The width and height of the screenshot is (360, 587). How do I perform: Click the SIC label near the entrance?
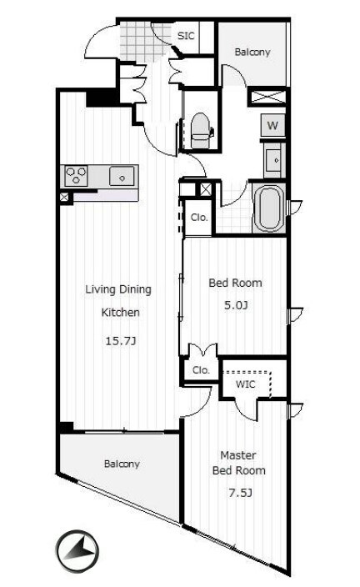coord(186,36)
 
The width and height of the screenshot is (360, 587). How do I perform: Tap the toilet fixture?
coord(200,130)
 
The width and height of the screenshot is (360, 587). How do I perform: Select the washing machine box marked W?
coord(272,125)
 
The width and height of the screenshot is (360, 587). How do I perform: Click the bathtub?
coord(269,208)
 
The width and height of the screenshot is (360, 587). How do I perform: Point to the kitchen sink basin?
coord(122,176)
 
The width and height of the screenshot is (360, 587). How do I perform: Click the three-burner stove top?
coord(77,176)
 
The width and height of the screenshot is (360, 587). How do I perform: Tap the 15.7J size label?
coord(120,341)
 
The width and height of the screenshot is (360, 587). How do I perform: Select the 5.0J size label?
coord(236,305)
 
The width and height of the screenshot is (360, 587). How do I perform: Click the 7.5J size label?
coord(240,493)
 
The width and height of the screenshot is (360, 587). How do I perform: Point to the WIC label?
coord(246,384)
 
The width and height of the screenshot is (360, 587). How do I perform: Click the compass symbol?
coord(77,550)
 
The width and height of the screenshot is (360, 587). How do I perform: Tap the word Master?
coord(238,455)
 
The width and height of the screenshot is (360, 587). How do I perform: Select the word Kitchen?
coord(121,312)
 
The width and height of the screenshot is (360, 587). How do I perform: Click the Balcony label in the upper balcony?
coord(252,52)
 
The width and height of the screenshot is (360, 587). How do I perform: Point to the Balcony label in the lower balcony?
coord(122,464)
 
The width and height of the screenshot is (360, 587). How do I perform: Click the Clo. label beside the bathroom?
coord(199,218)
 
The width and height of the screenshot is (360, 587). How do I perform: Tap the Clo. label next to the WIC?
coord(201,370)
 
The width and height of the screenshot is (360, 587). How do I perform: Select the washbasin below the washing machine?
coord(273,160)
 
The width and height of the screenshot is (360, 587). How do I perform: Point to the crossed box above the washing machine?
coord(268,97)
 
